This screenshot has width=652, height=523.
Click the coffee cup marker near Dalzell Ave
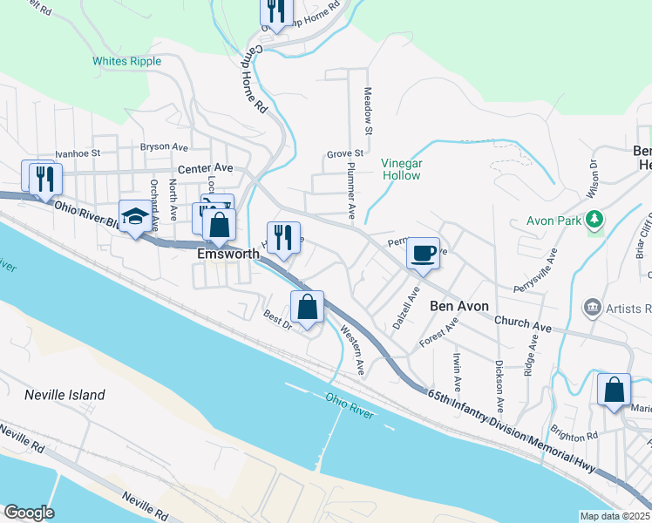point(424,254)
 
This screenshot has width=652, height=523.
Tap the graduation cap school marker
point(135,217)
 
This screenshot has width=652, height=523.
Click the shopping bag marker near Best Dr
point(307,307)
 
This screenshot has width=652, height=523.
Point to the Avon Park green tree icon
point(596,218)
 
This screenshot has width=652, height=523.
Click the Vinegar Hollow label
point(402,169)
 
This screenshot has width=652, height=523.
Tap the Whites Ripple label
point(127,61)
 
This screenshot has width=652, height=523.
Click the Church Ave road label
point(523,324)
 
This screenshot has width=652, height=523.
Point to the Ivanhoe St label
point(78,153)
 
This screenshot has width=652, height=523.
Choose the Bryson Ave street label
point(165,147)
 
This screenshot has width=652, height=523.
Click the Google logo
point(29,513)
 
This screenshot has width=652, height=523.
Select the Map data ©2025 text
point(615,516)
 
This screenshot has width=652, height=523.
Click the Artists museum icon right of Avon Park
point(593,307)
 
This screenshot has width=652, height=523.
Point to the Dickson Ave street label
point(499,387)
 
